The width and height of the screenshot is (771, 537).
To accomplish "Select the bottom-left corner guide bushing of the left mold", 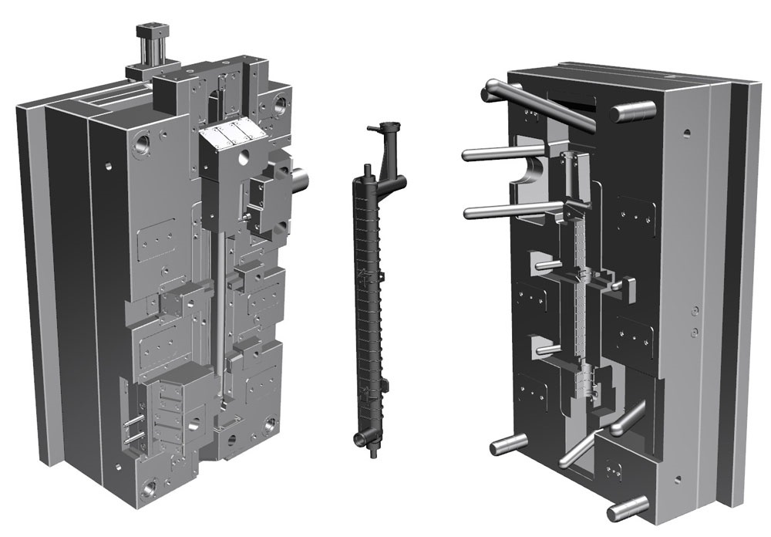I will (x=149, y=487).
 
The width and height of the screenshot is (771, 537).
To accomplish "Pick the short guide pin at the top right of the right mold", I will (x=632, y=112).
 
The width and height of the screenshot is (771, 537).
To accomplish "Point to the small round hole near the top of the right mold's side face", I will (x=686, y=133).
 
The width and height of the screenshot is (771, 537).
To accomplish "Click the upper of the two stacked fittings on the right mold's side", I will (x=695, y=310).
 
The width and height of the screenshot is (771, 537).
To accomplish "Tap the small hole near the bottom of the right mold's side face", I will (x=676, y=481).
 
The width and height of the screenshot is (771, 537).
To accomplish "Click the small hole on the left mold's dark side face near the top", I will (x=109, y=165).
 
